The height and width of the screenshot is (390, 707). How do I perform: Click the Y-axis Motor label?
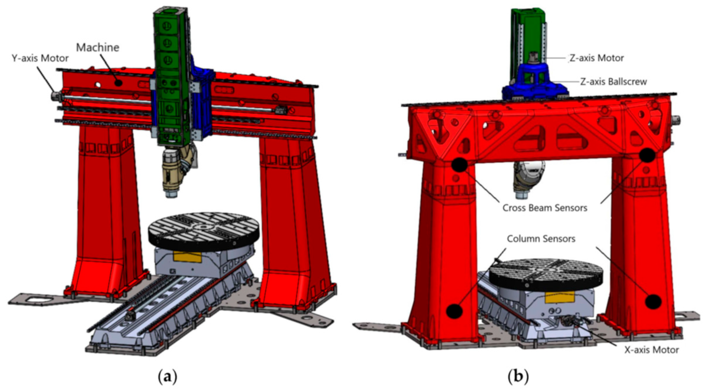coord(40,58)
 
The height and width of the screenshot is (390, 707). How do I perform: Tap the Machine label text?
coord(98,47)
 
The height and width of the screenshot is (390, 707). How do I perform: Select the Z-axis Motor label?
coord(597,58)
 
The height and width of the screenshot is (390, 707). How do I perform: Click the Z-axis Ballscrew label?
coord(614,82)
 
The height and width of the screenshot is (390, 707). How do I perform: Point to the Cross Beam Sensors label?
coord(545,208)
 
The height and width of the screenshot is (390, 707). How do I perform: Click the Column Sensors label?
coord(541,239)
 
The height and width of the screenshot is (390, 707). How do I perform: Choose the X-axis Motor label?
coord(652,350)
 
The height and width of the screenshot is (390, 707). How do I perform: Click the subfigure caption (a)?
coord(167,377)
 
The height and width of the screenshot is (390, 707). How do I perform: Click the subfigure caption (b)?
coord(518,377)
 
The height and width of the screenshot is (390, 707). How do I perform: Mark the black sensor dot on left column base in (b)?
coord(454,311)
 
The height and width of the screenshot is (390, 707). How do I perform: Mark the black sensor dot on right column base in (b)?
coord(653,301)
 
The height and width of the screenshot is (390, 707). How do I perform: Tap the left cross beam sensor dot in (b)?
coord(460,165)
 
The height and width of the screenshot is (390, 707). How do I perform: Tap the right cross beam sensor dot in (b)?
coord(647,155)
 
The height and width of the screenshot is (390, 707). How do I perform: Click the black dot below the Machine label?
coord(118,83)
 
